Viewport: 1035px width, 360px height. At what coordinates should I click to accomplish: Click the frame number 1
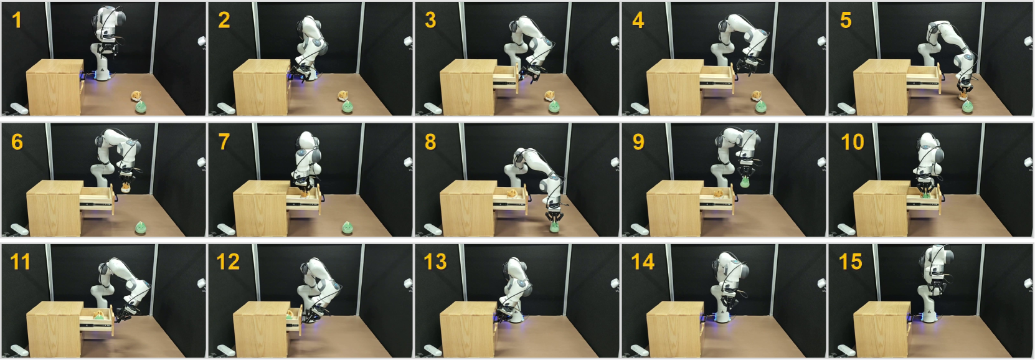click(x=16, y=21)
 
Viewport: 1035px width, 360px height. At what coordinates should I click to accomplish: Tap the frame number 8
click(x=430, y=142)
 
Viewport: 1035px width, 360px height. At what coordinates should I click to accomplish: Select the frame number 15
click(x=850, y=262)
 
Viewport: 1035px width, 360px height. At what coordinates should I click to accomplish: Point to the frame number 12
click(x=228, y=262)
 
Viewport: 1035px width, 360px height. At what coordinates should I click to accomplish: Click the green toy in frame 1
click(x=141, y=107)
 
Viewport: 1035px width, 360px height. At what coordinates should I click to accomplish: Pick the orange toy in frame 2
click(x=343, y=96)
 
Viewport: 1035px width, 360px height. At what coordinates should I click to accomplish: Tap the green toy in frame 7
click(x=347, y=227)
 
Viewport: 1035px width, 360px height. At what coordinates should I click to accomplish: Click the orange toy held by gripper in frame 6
click(x=125, y=187)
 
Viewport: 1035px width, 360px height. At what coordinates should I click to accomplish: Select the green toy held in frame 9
click(x=744, y=182)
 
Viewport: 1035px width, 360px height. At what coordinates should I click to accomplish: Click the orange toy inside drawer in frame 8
click(x=511, y=193)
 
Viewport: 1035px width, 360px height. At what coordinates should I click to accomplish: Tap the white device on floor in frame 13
click(x=432, y=350)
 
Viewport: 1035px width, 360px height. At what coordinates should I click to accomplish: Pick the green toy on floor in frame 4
click(x=760, y=107)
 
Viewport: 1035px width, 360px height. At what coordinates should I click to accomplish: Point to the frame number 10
click(x=852, y=142)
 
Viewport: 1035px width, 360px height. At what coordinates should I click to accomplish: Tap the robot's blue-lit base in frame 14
click(x=721, y=317)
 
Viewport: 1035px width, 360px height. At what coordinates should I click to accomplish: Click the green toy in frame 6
click(x=141, y=227)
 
